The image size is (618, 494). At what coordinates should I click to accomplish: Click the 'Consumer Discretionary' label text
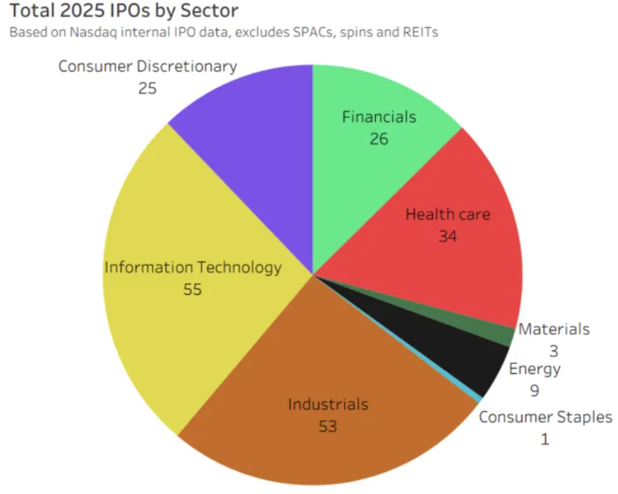pyautogui.click(x=148, y=67)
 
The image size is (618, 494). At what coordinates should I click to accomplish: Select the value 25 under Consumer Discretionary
pyautogui.click(x=148, y=89)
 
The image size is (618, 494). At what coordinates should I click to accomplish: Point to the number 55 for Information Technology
pyautogui.click(x=193, y=290)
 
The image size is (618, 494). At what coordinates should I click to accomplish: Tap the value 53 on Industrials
pyautogui.click(x=328, y=426)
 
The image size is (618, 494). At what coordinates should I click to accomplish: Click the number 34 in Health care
pyautogui.click(x=448, y=236)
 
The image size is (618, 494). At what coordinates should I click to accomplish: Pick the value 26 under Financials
pyautogui.click(x=379, y=139)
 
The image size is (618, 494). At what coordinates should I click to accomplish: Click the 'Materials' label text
pyautogui.click(x=553, y=330)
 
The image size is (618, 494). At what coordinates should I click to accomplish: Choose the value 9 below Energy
pyautogui.click(x=534, y=391)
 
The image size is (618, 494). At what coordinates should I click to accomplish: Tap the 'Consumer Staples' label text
pyautogui.click(x=545, y=418)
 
